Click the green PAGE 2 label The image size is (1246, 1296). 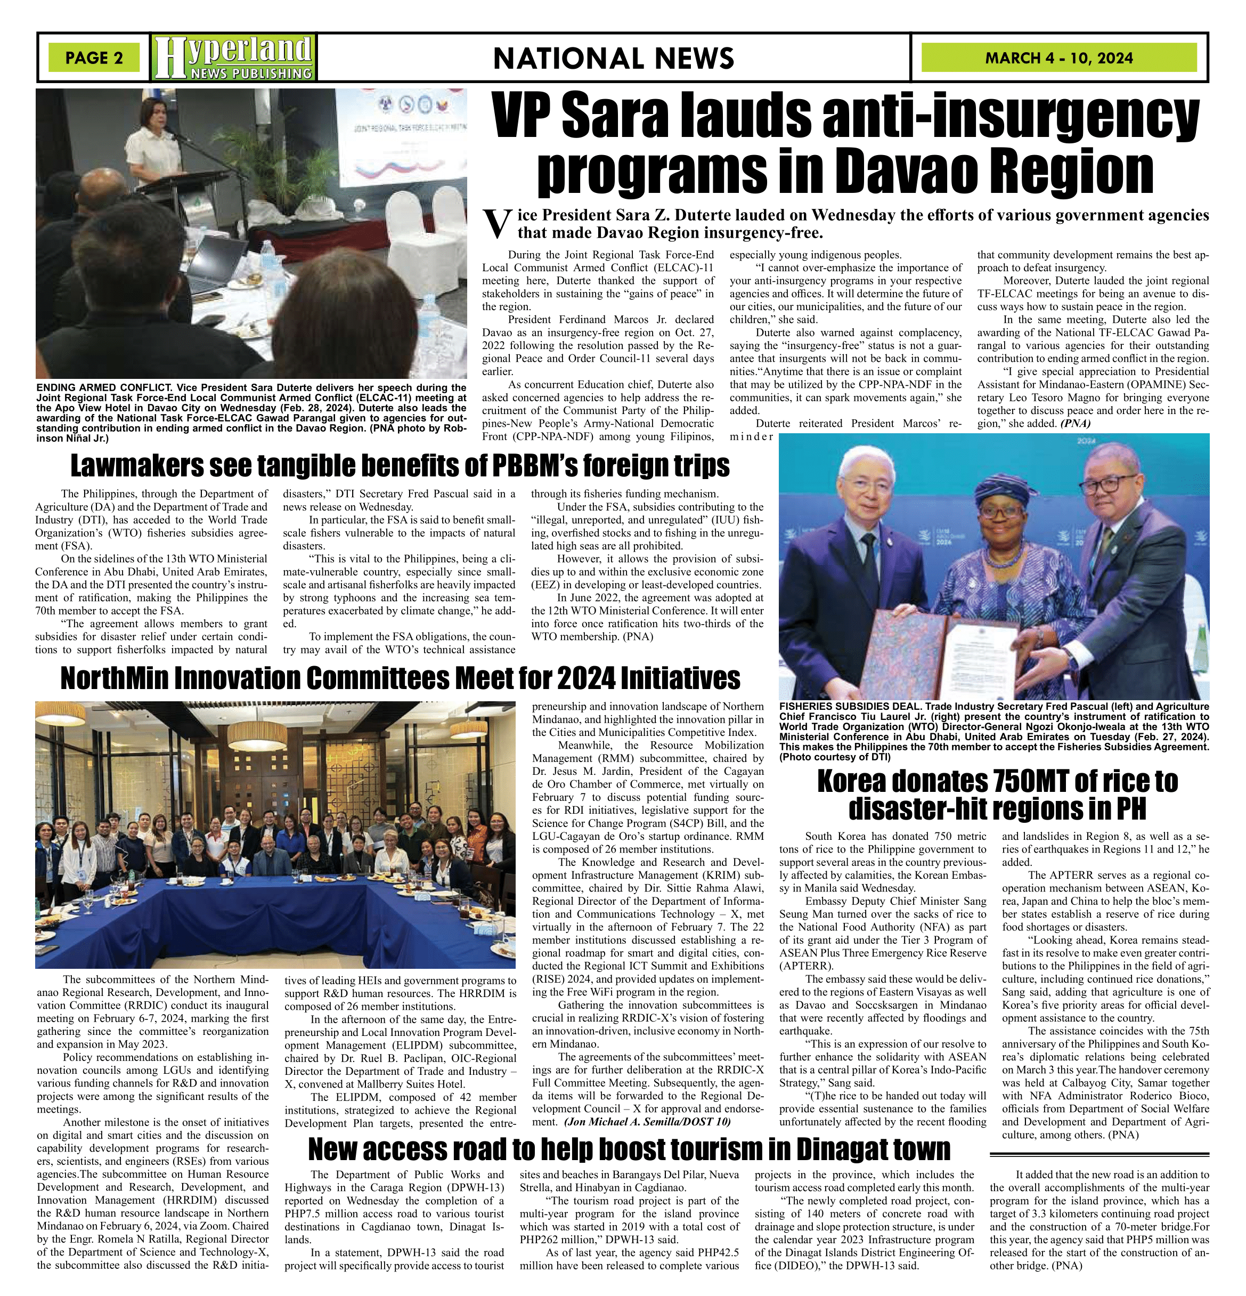pos(94,58)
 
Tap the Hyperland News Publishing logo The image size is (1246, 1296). pos(233,58)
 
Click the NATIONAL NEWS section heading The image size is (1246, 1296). pos(614,58)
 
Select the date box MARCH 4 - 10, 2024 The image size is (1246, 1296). pos(1059,58)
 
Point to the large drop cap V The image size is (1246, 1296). pos(498,225)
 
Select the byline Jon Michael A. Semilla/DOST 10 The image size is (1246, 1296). pos(647,1121)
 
